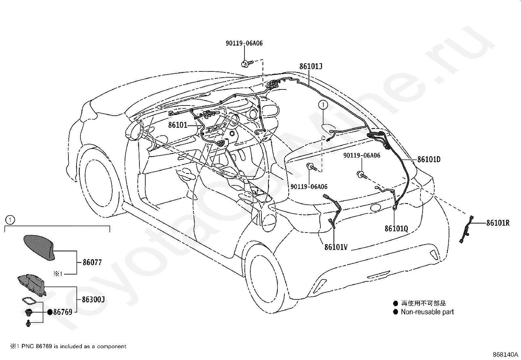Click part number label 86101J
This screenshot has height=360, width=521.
click(x=311, y=66)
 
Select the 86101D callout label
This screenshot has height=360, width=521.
click(x=429, y=160)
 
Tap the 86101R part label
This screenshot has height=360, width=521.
click(x=498, y=223)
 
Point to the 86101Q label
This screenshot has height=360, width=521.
click(x=396, y=228)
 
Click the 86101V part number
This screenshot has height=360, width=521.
click(x=336, y=247)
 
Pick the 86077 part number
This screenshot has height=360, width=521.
click(x=92, y=262)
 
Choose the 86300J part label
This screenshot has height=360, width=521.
click(x=93, y=299)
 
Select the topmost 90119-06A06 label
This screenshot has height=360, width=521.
click(x=244, y=43)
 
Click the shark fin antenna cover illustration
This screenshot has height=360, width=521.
click(x=39, y=247)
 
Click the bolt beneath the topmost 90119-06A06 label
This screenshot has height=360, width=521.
click(x=247, y=63)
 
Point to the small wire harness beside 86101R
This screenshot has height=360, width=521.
click(x=466, y=230)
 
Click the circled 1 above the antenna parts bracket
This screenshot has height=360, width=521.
click(x=10, y=220)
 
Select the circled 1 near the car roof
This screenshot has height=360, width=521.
click(x=323, y=105)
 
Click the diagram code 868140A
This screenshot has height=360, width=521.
click(x=505, y=354)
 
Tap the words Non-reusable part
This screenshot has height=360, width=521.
click(x=427, y=312)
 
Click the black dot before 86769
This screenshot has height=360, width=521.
click(x=50, y=312)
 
